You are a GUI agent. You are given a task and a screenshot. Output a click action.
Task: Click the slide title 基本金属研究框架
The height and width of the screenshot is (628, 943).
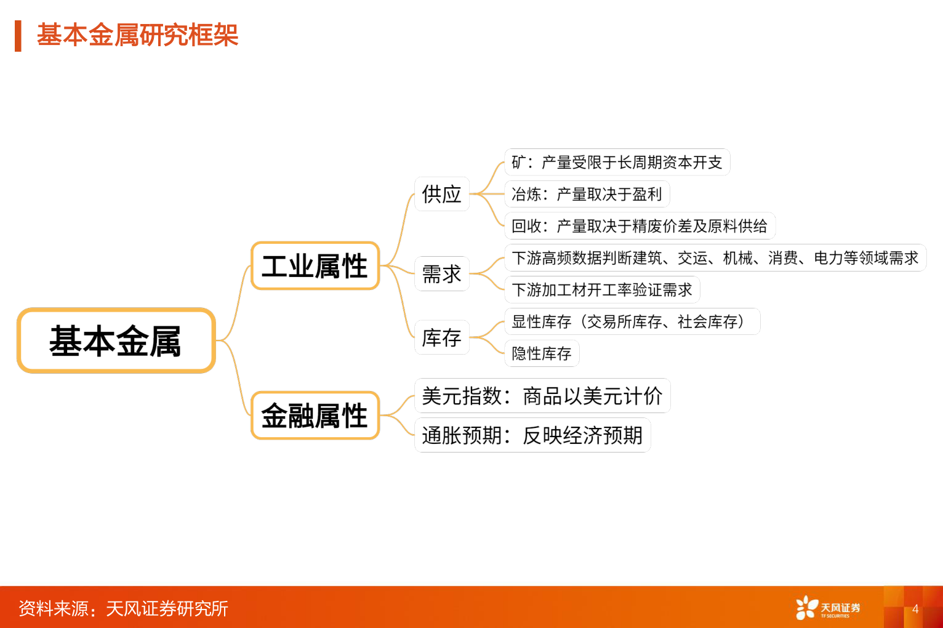tap(137, 35)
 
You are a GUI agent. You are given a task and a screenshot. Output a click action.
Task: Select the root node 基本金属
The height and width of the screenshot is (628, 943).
tap(116, 340)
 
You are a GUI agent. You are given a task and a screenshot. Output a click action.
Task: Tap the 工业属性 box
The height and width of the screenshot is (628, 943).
tap(315, 266)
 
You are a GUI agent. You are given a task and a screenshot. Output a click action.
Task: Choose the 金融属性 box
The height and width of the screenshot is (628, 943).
tap(315, 416)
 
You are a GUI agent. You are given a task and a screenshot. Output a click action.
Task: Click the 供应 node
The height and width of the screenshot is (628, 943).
tap(441, 194)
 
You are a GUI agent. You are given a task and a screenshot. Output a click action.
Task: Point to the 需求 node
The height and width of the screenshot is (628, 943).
tap(441, 274)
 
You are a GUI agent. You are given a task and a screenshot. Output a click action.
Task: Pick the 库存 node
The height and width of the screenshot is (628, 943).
tap(441, 337)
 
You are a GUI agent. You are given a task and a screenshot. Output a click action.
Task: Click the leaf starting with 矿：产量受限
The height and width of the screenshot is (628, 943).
tap(617, 162)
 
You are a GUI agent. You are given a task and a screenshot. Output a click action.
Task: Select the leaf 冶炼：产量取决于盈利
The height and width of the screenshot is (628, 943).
tap(587, 194)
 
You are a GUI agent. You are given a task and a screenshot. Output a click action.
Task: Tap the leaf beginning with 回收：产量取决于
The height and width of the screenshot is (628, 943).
tap(639, 226)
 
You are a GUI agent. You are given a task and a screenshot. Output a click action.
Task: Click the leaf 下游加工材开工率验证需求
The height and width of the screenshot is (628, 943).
tap(601, 290)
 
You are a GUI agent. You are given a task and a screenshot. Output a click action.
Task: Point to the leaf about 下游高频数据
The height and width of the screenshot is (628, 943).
tap(715, 258)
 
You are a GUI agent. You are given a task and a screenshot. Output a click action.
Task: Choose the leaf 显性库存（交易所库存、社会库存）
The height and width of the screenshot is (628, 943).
tap(632, 321)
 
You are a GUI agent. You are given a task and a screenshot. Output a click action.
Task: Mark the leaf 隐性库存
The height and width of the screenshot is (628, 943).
tap(542, 353)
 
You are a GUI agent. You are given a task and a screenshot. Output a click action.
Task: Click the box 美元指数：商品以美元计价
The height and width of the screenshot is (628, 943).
tap(542, 396)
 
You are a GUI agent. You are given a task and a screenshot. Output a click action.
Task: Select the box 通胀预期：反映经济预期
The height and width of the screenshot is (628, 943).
tap(532, 435)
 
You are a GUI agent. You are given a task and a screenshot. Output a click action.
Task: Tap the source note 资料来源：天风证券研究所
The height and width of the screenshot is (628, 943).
tap(123, 608)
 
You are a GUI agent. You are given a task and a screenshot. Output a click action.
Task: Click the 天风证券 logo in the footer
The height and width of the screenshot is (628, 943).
tap(827, 608)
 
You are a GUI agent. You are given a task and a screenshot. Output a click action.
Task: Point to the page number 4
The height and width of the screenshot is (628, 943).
tap(915, 609)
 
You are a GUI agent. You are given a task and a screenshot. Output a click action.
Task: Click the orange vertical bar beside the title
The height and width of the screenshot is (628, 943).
tap(18, 36)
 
